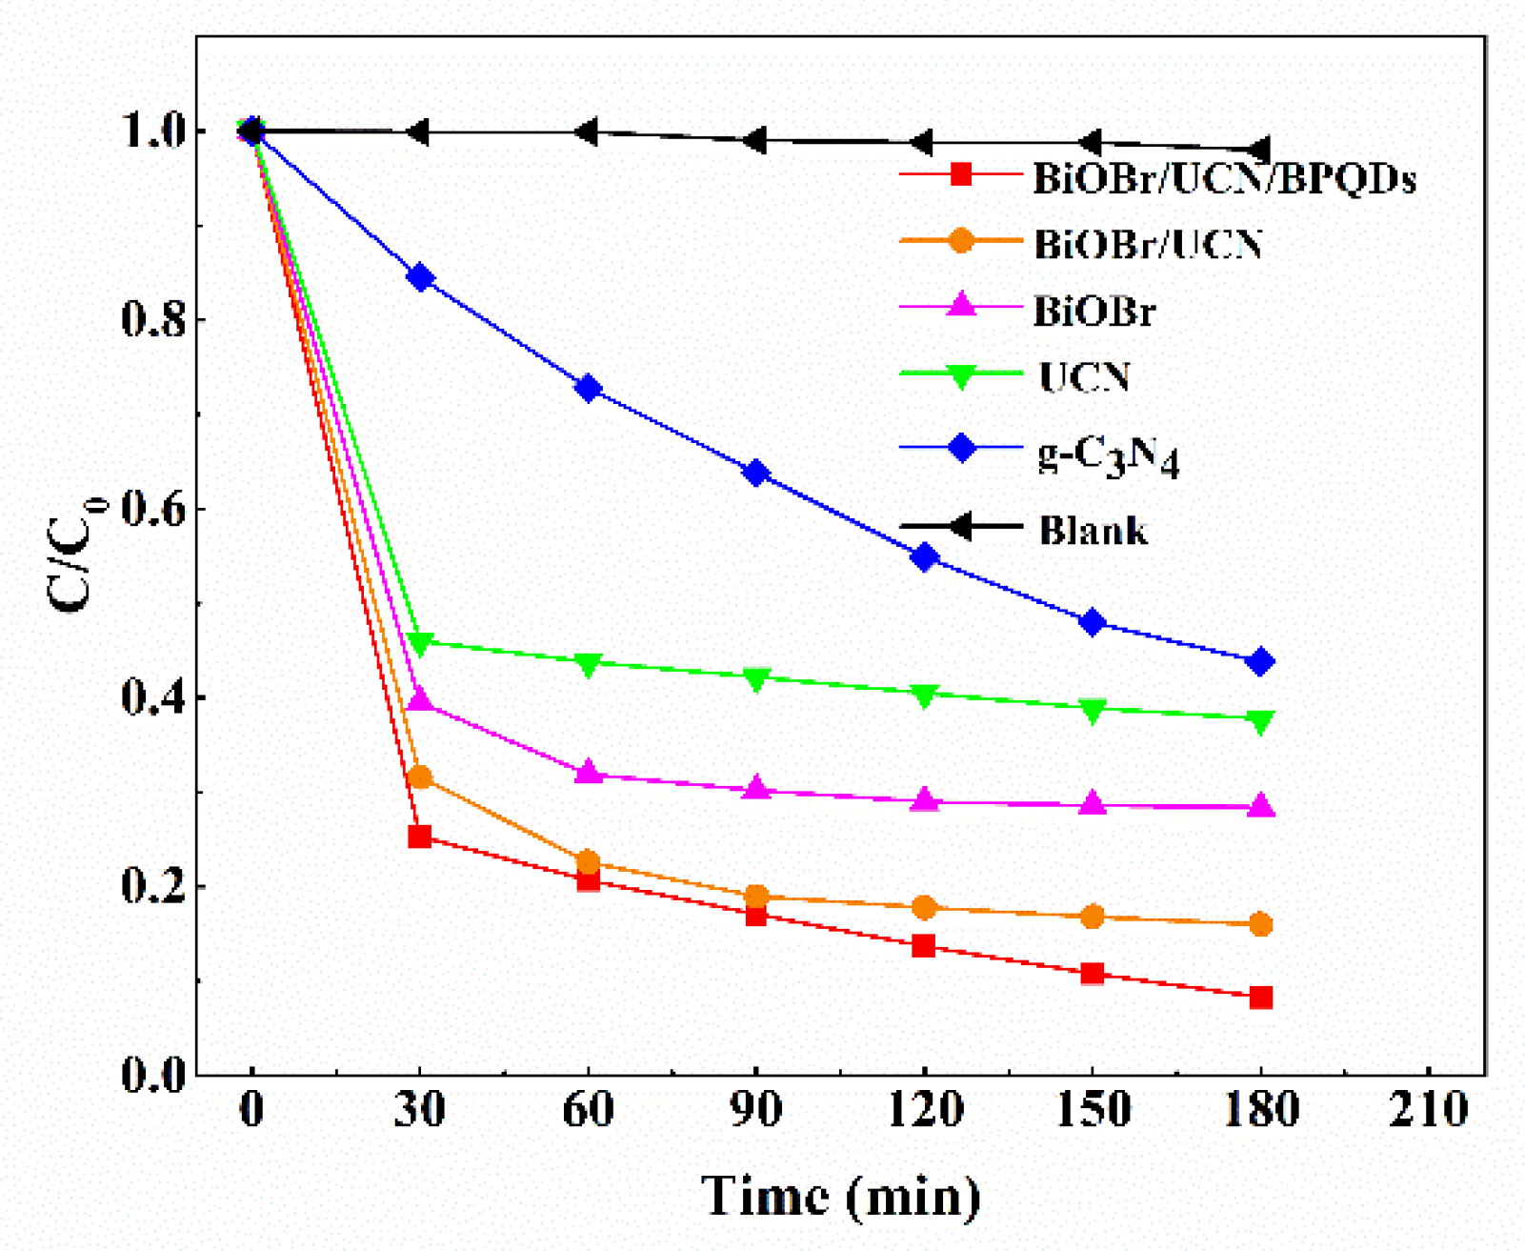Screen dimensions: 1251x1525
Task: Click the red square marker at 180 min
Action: click(1260, 998)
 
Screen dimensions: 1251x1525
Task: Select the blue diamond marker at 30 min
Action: click(420, 278)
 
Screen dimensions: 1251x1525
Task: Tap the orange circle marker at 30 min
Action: click(420, 777)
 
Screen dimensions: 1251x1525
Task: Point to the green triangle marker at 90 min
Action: click(756, 679)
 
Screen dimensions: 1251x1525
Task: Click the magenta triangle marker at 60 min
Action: click(589, 772)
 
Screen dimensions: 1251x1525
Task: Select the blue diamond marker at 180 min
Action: click(1260, 661)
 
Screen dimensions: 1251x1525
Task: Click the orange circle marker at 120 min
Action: click(924, 907)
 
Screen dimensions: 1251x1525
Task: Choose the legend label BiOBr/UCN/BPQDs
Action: click(1225, 178)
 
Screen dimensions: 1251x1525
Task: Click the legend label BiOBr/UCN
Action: click(1149, 245)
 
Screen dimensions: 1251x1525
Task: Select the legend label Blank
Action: click(1093, 530)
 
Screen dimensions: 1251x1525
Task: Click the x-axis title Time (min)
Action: click(840, 1197)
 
